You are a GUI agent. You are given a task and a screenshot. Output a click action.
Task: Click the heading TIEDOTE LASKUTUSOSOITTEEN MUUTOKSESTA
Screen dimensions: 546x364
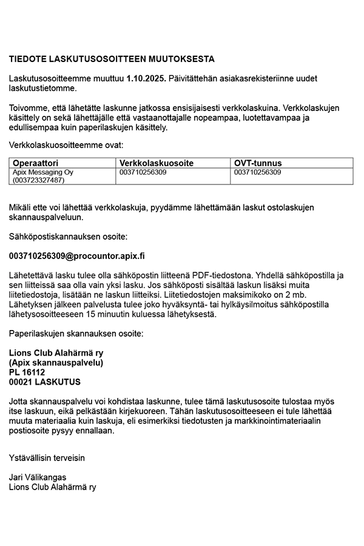pyautogui.click(x=112, y=59)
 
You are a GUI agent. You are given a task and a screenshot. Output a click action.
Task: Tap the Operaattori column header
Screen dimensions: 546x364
pyautogui.click(x=36, y=163)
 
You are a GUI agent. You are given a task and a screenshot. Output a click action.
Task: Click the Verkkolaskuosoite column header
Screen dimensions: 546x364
pyautogui.click(x=157, y=163)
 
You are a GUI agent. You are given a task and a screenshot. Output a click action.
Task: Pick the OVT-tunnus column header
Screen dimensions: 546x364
pyautogui.click(x=258, y=163)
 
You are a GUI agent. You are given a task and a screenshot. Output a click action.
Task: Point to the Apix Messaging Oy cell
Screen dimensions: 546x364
pyautogui.click(x=43, y=172)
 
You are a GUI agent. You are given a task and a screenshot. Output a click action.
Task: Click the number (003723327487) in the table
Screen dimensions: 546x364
pyautogui.click(x=38, y=180)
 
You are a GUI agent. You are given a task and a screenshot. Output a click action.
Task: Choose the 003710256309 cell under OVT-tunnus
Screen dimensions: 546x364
pyautogui.click(x=257, y=172)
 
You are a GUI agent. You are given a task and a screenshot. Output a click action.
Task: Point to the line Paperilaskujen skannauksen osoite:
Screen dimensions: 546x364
pyautogui.click(x=77, y=334)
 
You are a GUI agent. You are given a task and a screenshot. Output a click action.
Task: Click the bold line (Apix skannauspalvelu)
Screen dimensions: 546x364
pyautogui.click(x=56, y=363)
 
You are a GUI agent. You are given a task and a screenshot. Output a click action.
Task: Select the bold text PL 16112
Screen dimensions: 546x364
pyautogui.click(x=27, y=372)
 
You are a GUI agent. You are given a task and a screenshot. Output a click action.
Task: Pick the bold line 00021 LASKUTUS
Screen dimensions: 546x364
pyautogui.click(x=44, y=382)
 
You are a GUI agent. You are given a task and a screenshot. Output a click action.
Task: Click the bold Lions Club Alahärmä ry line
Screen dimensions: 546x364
pyautogui.click(x=56, y=353)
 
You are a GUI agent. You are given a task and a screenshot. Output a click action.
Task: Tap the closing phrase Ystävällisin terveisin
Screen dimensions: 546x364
pyautogui.click(x=47, y=457)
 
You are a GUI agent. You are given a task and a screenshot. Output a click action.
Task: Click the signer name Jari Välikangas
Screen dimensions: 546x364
pyautogui.click(x=38, y=477)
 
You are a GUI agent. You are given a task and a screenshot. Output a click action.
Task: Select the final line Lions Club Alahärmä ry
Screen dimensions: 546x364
pyautogui.click(x=52, y=487)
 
